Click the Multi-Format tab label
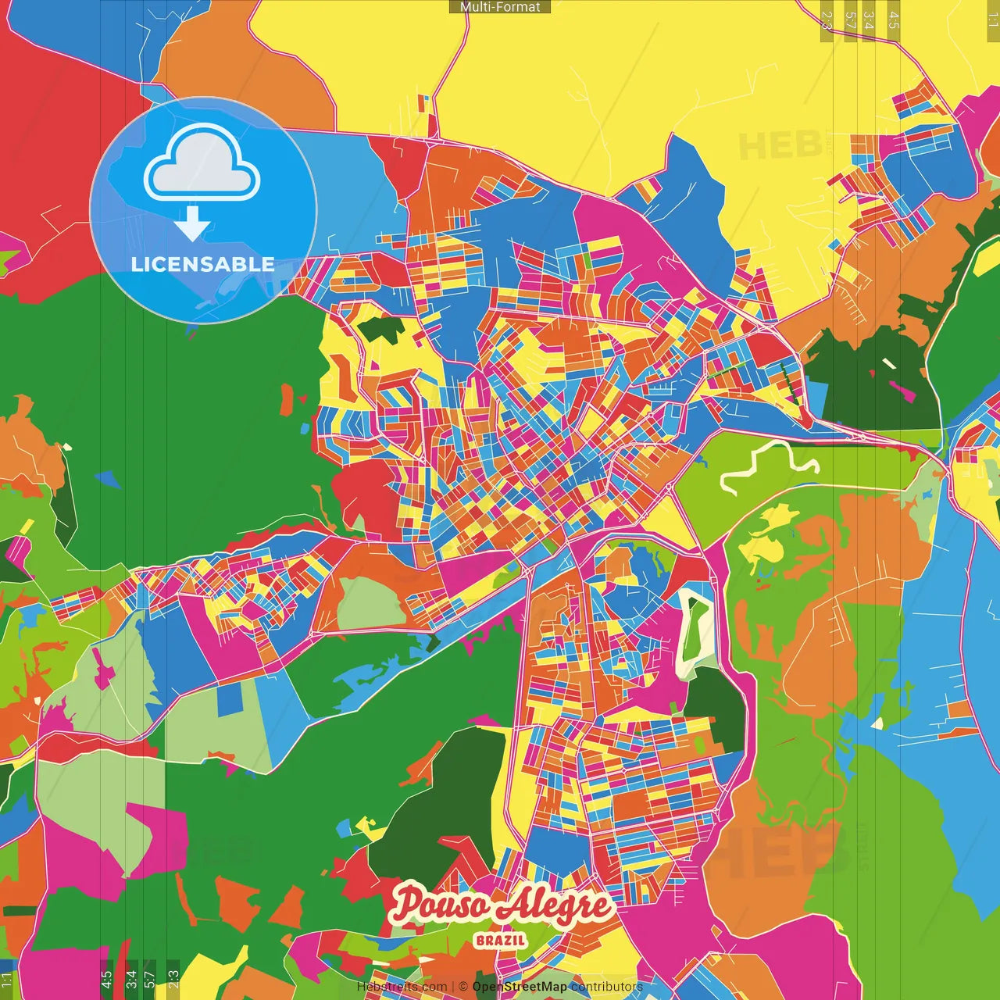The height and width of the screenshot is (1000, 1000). pos(500,7)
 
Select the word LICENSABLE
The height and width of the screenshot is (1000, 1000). pos(202,264)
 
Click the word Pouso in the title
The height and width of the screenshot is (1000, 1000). pos(441,905)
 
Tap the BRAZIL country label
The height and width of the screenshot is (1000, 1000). pos(500,940)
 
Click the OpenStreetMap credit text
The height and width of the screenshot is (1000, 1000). pos(520,987)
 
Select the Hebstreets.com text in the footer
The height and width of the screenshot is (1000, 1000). pos(402,987)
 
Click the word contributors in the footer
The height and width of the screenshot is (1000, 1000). pos(606,987)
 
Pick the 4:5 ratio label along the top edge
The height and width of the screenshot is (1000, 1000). pos(894,20)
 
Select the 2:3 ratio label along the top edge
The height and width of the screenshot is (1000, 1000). pos(827,20)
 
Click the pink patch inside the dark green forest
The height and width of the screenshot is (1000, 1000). pos(902,391)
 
